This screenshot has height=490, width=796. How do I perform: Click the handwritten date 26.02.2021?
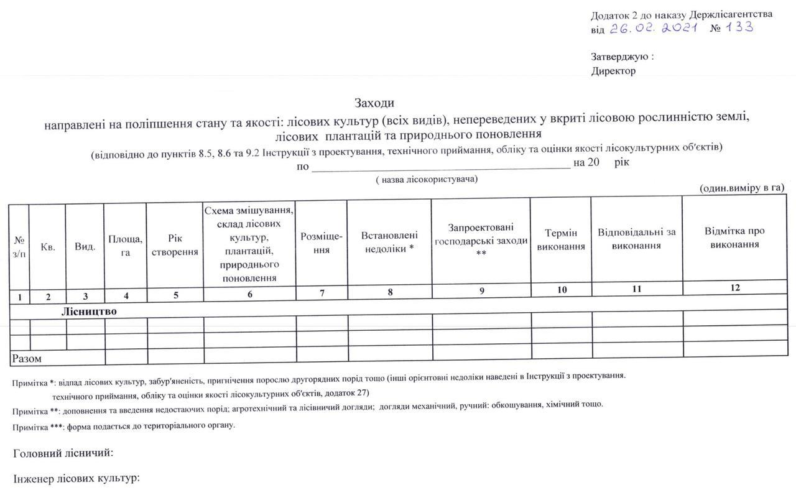tap(653, 28)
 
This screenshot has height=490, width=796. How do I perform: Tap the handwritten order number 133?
tap(740, 27)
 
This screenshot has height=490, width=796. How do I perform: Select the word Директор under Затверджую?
tap(613, 71)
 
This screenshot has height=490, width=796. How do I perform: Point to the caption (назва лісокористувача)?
tap(427, 179)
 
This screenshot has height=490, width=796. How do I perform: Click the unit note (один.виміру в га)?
tap(742, 188)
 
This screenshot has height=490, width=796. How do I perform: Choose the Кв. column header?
tap(48, 247)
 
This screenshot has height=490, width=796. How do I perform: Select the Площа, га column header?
tap(126, 246)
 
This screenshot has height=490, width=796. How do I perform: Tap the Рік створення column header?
tap(175, 246)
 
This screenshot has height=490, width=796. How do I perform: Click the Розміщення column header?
tap(322, 243)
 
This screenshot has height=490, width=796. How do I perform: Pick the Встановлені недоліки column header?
tap(389, 242)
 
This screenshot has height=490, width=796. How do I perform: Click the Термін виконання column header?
tap(560, 240)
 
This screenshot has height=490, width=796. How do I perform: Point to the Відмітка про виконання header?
tap(734, 238)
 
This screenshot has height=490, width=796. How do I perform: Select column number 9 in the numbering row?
tap(482, 291)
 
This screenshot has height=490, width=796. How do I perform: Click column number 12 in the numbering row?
tap(736, 287)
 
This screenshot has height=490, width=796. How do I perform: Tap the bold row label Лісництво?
tap(89, 311)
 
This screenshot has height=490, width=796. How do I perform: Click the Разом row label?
tap(27, 359)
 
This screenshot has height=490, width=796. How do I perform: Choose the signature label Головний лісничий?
tap(63, 453)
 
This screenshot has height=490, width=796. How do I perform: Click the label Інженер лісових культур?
tap(76, 479)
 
